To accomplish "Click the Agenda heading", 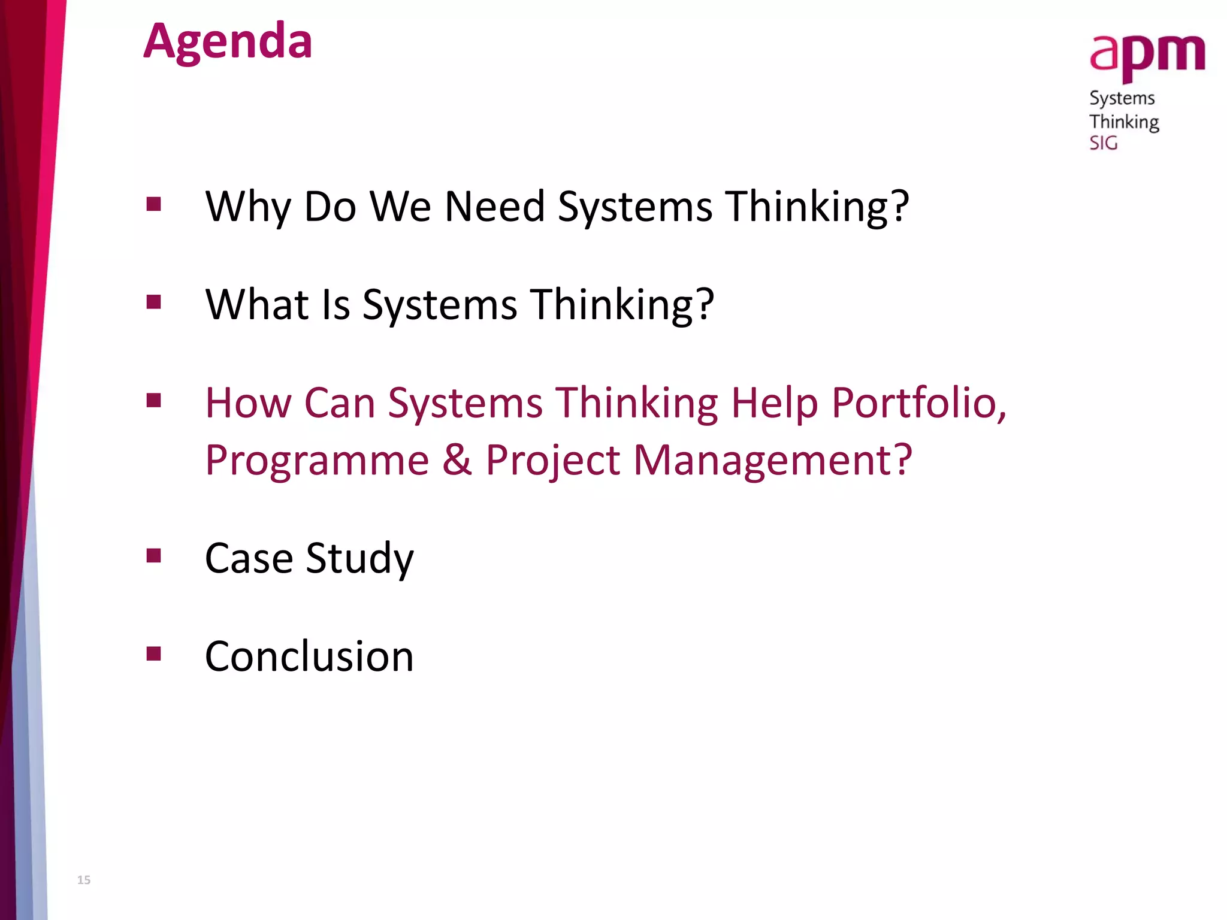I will pos(228,42).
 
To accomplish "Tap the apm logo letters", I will pos(1147,55).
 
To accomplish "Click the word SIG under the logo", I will pos(1103,143).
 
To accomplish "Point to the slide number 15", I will pos(84,880).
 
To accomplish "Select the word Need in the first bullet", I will pos(494,207).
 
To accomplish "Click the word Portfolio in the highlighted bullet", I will pos(918,402).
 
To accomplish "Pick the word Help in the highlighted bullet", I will pos(774,404).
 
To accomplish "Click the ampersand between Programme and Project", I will pos(457,460).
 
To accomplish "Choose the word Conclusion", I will pos(309,656).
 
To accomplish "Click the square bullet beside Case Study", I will pos(154,556).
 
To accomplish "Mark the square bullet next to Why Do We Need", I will pos(154,204).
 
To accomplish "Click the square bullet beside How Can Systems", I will pos(154,400).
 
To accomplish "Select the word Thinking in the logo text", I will pos(1124,122).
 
